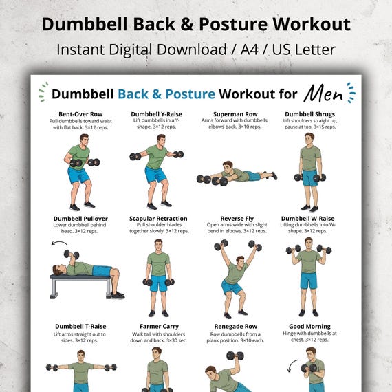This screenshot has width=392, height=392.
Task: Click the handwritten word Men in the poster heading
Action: pos(323,94)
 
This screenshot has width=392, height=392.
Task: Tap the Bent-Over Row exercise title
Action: pos(80,114)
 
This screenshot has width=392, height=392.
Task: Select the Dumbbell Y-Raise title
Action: pos(157,114)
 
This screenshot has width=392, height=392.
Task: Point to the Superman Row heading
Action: pos(235,114)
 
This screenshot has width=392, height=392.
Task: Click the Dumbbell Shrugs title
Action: pos(309,114)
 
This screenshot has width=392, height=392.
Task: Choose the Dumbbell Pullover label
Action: pos(80,219)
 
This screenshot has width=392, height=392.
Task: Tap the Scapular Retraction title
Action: pos(158,219)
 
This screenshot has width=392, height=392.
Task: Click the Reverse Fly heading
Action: pos(237,219)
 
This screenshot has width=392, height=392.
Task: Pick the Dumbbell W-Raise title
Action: pos(307,219)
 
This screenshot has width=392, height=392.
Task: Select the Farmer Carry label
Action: pos(160,326)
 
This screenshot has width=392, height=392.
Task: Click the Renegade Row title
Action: pos(236,326)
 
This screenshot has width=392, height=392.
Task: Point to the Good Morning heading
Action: pos(309,326)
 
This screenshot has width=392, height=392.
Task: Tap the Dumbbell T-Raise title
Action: pos(80,326)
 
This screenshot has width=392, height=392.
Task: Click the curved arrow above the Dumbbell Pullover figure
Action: pos(59,242)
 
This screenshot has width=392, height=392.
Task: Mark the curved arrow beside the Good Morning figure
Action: pos(292,365)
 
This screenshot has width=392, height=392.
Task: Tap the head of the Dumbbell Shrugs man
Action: pos(309,140)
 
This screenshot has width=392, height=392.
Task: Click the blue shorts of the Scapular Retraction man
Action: pos(158,283)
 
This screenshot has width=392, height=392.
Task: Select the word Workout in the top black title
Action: pos(312,24)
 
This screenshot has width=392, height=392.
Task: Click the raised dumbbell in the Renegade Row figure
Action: pos(235,356)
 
